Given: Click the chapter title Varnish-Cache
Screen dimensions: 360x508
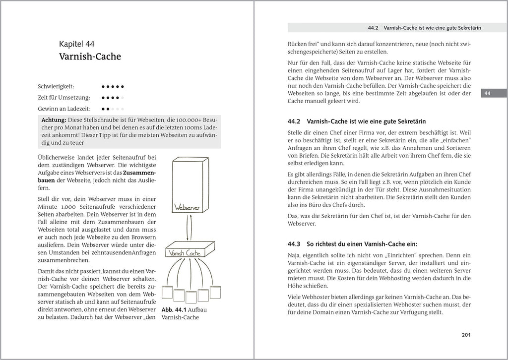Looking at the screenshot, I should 90,57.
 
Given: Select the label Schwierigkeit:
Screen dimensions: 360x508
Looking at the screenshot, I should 56,86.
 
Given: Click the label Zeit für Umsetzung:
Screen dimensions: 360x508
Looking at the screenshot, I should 64,97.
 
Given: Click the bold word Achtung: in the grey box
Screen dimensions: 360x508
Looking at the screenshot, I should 54,120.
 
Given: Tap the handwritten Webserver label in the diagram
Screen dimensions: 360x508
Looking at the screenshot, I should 187,206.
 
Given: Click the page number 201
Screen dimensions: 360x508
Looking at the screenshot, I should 465,335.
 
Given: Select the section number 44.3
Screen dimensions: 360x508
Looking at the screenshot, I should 295,244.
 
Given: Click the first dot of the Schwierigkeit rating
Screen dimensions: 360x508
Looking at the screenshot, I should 103,86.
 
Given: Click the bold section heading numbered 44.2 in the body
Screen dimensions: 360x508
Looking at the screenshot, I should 357,121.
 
